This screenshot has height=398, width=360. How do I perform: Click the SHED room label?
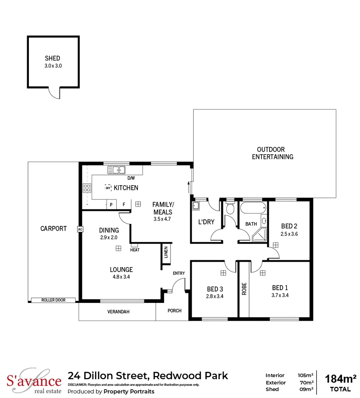52,59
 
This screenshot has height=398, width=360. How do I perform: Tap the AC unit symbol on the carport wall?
80,229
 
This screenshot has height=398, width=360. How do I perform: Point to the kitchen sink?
117,169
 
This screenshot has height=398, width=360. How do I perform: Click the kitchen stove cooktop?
87,188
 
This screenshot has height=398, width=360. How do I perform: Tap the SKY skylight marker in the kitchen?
108,187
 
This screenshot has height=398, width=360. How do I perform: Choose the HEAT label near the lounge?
135,250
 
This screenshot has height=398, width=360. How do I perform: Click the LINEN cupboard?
166,254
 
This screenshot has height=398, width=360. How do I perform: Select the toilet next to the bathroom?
230,209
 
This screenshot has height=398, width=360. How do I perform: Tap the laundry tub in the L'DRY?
196,206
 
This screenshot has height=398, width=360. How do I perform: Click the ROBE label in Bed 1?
244,289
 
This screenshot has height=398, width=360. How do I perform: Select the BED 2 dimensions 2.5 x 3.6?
289,234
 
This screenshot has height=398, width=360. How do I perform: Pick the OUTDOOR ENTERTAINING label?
272,153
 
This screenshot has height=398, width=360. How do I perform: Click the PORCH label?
175,311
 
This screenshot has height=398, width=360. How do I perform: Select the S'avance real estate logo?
34,382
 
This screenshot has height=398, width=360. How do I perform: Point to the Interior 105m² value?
305,375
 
